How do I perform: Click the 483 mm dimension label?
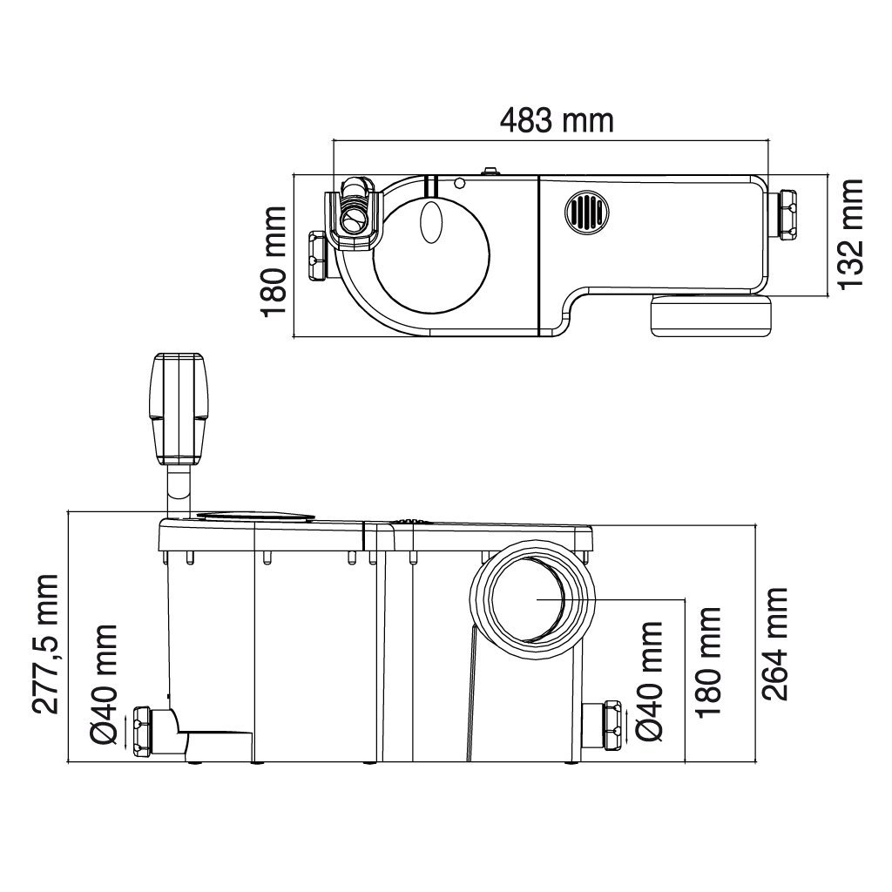click(557, 120)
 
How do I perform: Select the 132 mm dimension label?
click(851, 234)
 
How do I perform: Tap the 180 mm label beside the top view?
click(273, 261)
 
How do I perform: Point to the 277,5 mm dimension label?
click(45, 644)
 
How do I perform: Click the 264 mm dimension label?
click(774, 644)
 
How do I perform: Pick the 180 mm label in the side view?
click(708, 662)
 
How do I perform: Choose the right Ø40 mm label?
click(650, 681)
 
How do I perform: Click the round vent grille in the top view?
click(586, 212)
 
